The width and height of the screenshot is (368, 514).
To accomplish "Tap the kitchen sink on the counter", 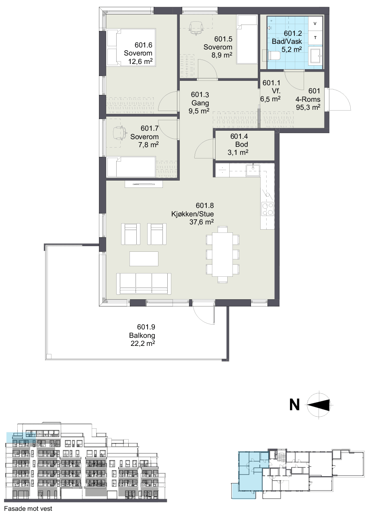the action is click(253, 170).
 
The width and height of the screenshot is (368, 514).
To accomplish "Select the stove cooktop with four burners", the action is click(267, 209).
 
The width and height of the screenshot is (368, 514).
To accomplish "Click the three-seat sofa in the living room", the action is click(144, 284).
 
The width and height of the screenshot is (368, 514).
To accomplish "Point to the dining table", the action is click(222, 255).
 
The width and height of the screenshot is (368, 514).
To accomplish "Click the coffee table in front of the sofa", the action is click(144, 259).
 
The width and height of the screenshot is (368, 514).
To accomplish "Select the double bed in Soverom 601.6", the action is click(132, 47).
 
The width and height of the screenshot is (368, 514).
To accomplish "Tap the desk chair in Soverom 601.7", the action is click(120, 133).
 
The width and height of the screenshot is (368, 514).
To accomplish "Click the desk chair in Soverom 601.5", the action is click(196, 28).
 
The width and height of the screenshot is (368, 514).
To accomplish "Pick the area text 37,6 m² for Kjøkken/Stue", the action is click(201, 222).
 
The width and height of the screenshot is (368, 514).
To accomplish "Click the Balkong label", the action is click(142, 335).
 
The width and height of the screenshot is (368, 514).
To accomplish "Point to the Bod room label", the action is click(241, 144).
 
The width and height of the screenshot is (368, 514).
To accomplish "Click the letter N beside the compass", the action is click(294, 405).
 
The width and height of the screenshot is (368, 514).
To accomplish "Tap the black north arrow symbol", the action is click(319, 405).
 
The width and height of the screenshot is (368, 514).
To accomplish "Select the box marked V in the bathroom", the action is click(315, 24).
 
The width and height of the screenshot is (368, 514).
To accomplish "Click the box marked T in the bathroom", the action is click(315, 38).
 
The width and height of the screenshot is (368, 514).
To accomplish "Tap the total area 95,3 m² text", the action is click(308, 107).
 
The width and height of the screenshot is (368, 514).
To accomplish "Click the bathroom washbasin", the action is click(316, 55).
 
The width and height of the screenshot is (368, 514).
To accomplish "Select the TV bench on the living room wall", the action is click(144, 184).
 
